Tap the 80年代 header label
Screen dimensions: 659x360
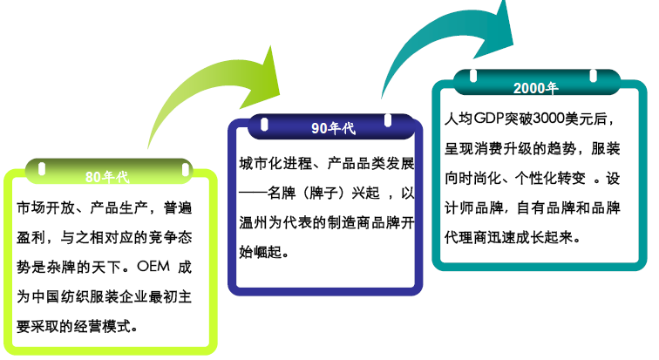click(x=107, y=177)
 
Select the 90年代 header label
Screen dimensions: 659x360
click(x=333, y=128)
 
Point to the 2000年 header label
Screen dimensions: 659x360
click(x=536, y=88)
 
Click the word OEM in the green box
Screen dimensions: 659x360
click(x=153, y=267)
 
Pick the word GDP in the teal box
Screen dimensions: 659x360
click(x=489, y=119)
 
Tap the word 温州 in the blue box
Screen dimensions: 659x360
click(x=254, y=222)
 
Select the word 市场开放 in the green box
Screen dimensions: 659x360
click(x=46, y=207)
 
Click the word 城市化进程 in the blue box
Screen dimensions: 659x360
click(x=275, y=163)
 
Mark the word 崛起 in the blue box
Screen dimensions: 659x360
click(x=268, y=252)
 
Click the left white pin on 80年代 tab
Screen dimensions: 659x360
click(x=42, y=169)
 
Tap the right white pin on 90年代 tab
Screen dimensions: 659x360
click(x=388, y=120)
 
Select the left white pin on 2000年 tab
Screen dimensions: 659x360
click(x=473, y=76)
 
